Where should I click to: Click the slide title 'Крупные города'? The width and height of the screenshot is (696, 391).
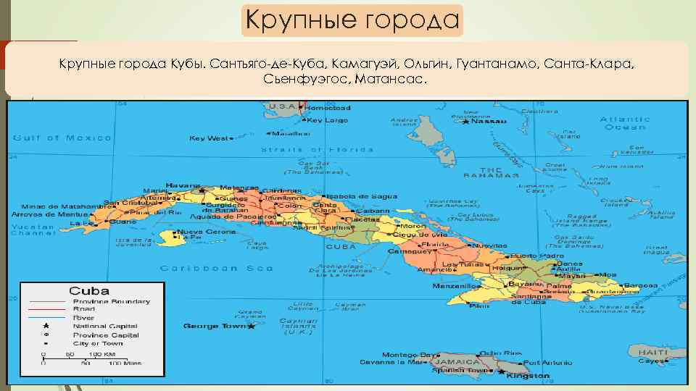[352, 20]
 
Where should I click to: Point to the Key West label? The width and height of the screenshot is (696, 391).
[208, 138]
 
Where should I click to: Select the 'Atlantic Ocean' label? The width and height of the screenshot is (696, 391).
[625, 122]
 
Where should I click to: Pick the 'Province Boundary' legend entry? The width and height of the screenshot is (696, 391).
[111, 301]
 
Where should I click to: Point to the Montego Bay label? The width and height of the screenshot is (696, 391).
[399, 355]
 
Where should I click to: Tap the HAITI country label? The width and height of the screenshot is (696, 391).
[652, 352]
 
